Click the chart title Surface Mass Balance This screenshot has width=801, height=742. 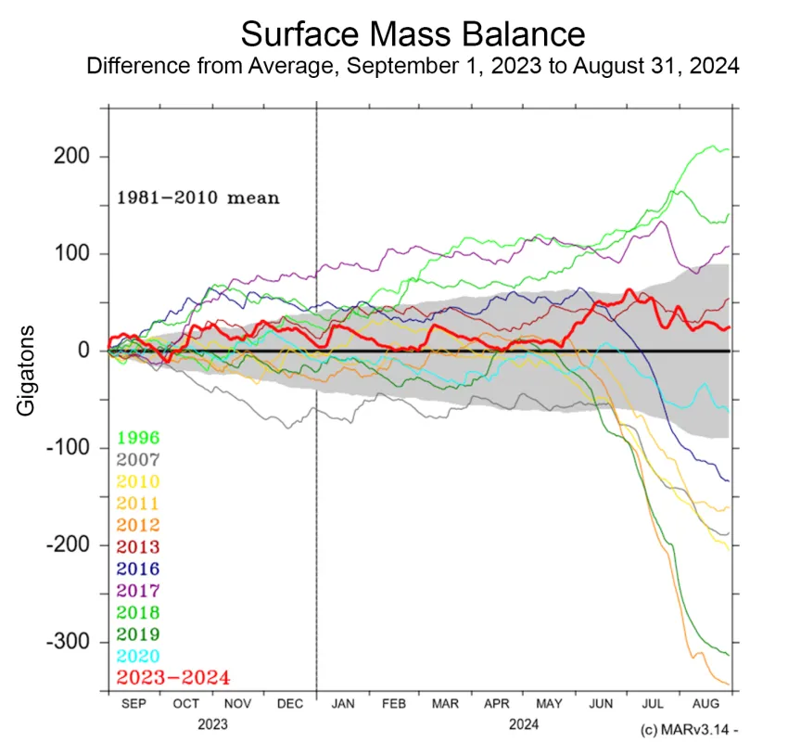(413, 34)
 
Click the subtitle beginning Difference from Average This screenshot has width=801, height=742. (413, 68)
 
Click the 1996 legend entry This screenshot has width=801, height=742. (138, 438)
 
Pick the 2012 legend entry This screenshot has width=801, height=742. (138, 526)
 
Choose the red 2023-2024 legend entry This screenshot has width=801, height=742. (172, 678)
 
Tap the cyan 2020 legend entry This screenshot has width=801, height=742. (138, 657)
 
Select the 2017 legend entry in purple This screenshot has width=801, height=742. (138, 591)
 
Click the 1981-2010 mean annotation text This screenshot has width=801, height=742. (197, 198)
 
